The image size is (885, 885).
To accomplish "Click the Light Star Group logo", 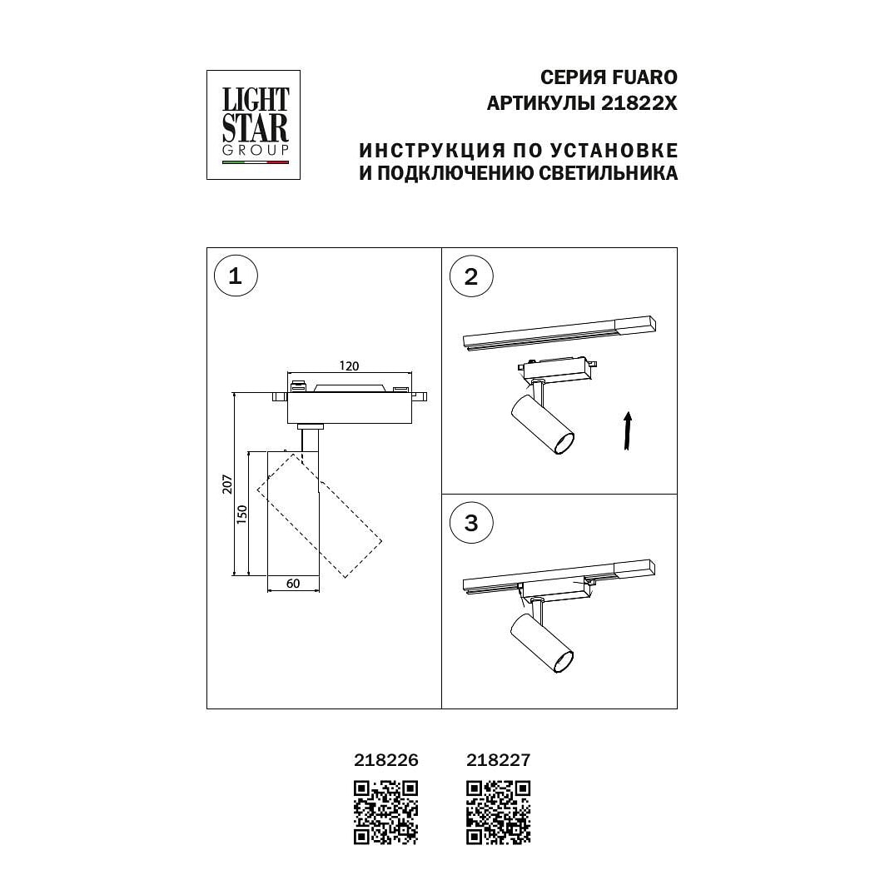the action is click(x=253, y=125).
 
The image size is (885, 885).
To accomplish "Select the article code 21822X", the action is click(x=639, y=103).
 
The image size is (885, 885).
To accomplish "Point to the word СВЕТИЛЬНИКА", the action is click(x=608, y=172).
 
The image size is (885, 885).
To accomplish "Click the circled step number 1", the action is click(x=236, y=276).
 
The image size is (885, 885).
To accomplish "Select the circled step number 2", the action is click(x=470, y=276).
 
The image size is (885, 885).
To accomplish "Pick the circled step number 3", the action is click(x=470, y=523).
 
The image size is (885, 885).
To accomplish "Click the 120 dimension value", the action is click(x=349, y=365).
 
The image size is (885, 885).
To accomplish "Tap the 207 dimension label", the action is click(x=227, y=485).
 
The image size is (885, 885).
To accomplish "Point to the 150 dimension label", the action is click(x=241, y=515).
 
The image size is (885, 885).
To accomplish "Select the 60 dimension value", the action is click(x=293, y=584).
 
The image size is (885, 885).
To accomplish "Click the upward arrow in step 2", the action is click(x=627, y=430).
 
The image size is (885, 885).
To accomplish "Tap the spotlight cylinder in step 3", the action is click(x=542, y=644).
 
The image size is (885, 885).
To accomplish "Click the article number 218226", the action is click(x=386, y=760).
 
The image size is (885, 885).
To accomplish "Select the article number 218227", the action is click(x=499, y=760).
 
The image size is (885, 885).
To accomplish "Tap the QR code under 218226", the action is click(x=386, y=813).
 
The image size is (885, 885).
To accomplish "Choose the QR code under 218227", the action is click(x=499, y=813).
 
